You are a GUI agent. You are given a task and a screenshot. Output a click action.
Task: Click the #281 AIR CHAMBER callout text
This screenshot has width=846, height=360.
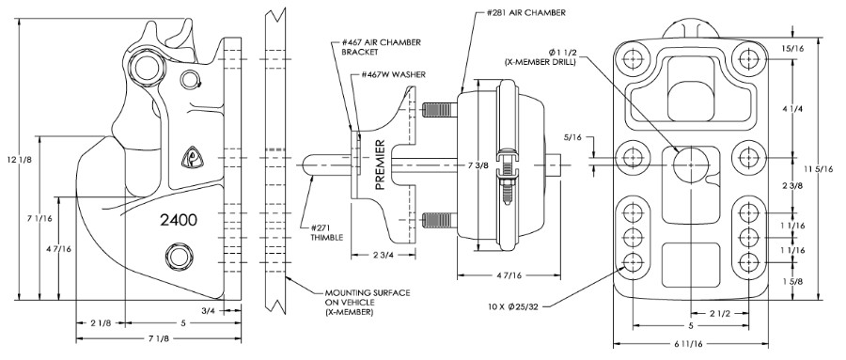coord(527,12)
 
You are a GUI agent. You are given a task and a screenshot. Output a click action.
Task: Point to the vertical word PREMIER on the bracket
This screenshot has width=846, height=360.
coord(380,164)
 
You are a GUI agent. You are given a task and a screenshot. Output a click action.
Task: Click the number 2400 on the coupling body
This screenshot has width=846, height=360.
coord(179,220)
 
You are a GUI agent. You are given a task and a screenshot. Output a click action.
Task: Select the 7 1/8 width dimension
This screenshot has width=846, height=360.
coord(158,338)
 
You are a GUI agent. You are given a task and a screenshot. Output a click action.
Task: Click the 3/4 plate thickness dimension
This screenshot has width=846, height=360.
coord(209,310)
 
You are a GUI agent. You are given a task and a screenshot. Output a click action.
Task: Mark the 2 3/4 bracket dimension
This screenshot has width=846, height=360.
coord(383,254)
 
